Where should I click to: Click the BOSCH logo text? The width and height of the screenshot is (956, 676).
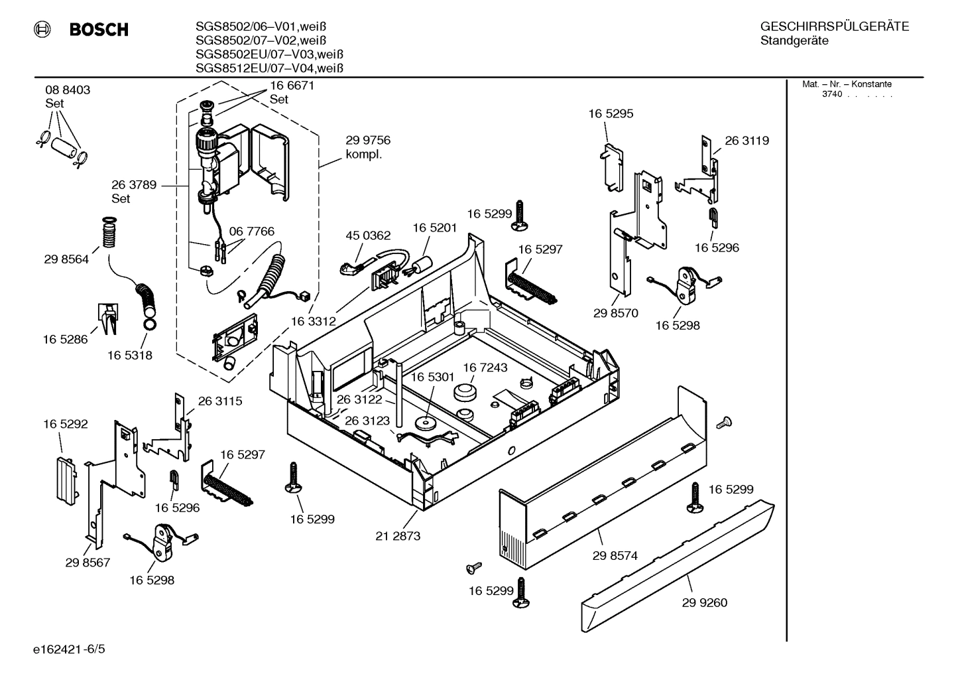coord(98,30)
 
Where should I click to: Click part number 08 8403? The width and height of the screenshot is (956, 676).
coord(68,90)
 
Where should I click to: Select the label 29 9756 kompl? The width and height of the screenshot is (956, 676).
coord(367,147)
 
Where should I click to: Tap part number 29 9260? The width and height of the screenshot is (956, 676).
coord(704,602)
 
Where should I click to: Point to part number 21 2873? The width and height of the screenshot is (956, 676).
coord(398,536)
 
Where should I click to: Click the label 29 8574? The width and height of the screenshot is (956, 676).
coord(615,556)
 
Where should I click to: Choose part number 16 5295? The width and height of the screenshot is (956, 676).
coord(611,113)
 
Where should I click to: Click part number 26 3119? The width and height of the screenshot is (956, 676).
coord(747,141)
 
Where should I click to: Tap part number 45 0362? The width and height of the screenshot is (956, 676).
coord(368,236)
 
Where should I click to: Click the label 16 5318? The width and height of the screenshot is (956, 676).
coord(130,355)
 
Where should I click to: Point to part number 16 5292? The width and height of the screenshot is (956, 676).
coord(66,424)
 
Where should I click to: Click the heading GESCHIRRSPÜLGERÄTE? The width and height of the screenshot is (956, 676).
coord(834,27)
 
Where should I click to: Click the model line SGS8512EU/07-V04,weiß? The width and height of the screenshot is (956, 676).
coord(269,68)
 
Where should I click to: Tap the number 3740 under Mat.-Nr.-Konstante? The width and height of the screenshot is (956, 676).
coord(831,94)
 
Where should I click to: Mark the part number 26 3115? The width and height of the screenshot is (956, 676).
coord(220,401)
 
